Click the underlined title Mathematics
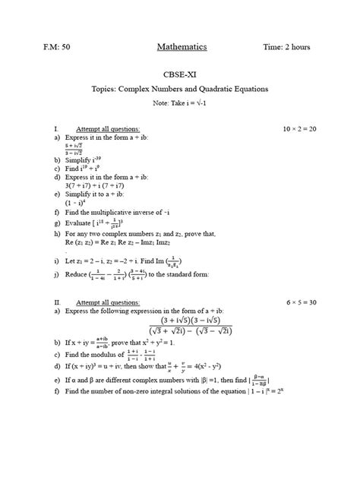(x=182, y=48)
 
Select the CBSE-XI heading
(x=181, y=77)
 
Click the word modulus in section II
(x=108, y=354)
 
